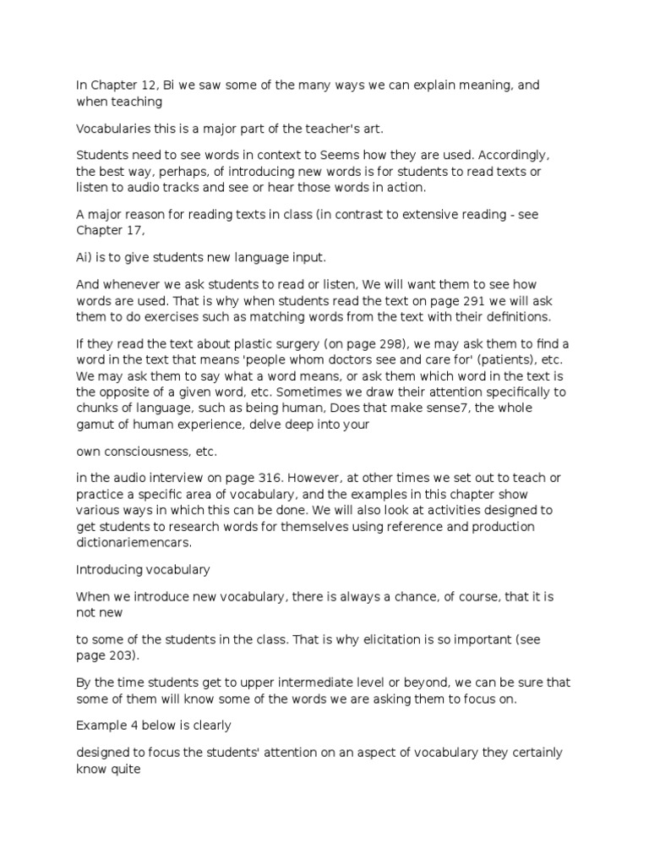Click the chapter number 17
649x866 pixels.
click(x=135, y=230)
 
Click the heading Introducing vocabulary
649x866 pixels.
click(x=144, y=570)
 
